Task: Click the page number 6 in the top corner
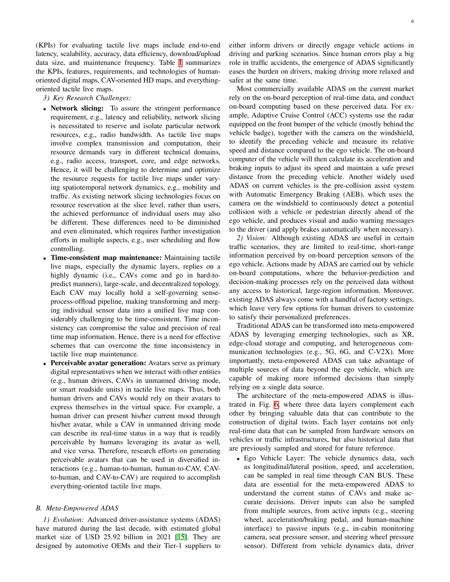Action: coord(412,21)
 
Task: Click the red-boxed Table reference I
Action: coord(180,63)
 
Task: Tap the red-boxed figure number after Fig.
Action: coord(276,405)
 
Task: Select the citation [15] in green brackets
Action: coord(181,537)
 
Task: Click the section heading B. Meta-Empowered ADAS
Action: coord(77,508)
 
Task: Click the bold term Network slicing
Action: coord(77,108)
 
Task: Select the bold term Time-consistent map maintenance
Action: coord(106,258)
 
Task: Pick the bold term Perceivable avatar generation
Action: coord(98,363)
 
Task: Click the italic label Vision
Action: coord(256,238)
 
